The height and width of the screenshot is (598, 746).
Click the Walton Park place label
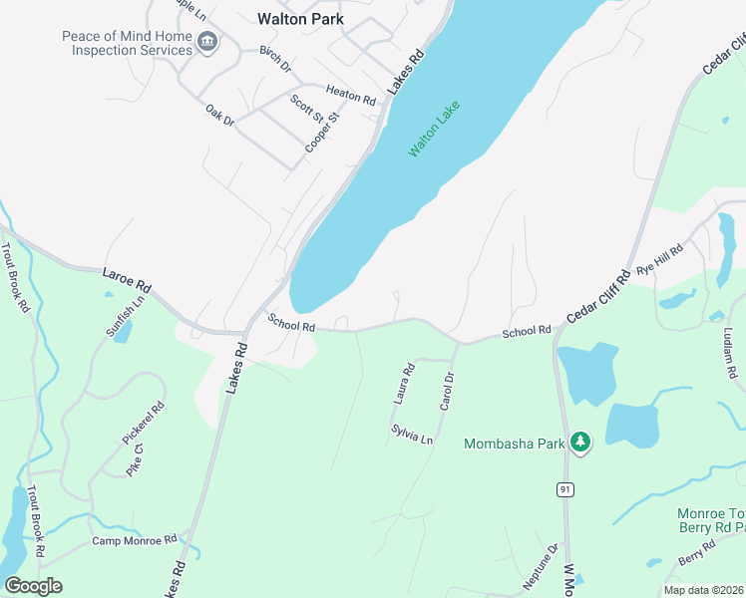[300, 18]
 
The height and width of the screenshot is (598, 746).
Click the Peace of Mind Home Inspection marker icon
[207, 41]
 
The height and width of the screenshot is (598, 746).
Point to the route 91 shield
[564, 489]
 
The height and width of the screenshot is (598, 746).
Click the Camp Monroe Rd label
[134, 540]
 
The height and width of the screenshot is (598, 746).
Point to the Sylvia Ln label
[412, 434]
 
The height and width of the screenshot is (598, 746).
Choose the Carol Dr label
[447, 392]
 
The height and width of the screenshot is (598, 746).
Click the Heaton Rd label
[350, 100]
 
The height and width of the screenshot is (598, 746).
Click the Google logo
[33, 586]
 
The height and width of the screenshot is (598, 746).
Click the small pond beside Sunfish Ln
[122, 332]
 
